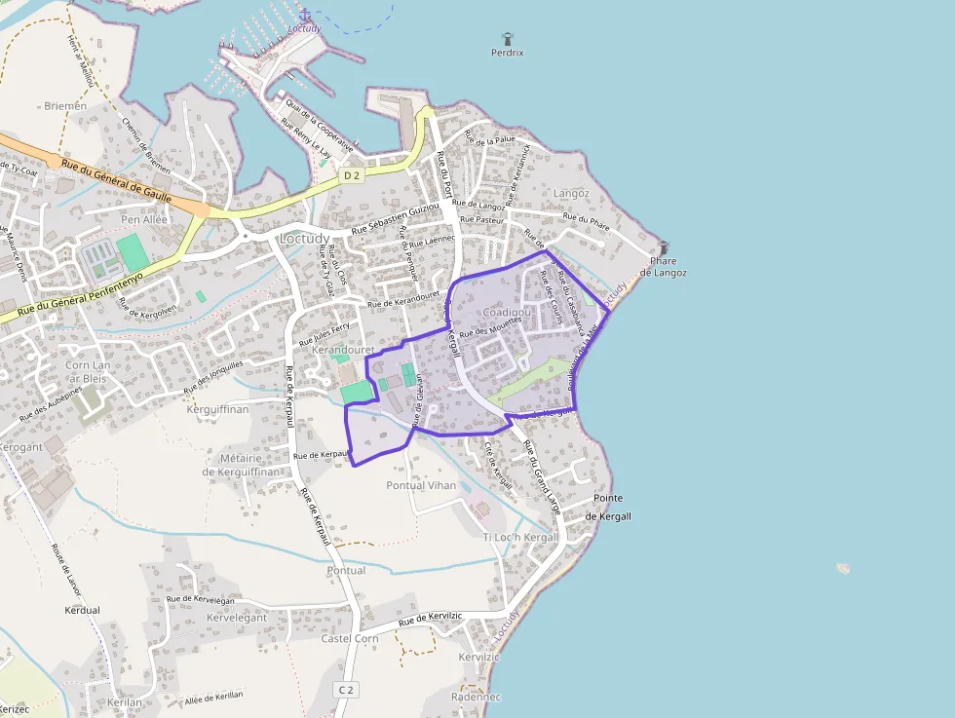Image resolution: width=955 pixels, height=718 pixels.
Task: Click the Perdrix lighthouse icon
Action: tap(507, 39)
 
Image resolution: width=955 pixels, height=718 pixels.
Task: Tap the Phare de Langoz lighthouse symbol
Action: tap(664, 248)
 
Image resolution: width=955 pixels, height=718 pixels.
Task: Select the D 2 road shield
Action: tap(352, 174)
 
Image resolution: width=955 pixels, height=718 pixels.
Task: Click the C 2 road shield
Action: tap(345, 690)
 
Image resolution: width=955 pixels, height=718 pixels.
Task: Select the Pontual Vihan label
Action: tap(421, 485)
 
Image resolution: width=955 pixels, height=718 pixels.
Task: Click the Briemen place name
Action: tap(65, 105)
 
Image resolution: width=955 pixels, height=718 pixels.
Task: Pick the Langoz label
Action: tap(571, 193)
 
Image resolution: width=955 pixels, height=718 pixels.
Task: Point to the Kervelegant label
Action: tap(237, 618)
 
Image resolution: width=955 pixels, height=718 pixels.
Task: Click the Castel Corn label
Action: tap(350, 638)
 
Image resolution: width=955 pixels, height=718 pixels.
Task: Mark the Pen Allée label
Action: tap(143, 219)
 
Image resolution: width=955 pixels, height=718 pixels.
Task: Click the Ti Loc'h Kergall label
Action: tap(520, 537)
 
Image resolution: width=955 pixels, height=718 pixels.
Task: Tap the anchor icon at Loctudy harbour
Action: tap(305, 15)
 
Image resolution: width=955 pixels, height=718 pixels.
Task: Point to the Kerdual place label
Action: tap(82, 610)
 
